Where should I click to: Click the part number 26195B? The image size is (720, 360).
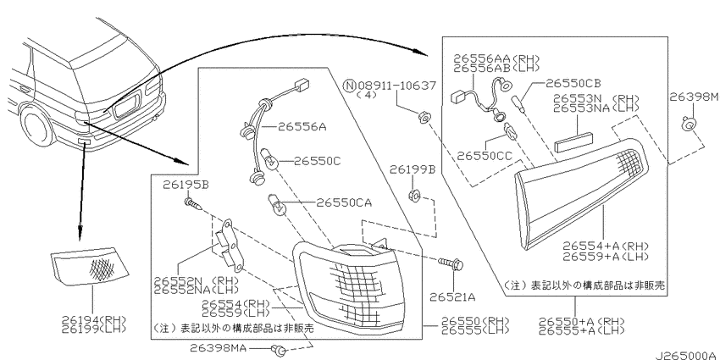tap(186, 185)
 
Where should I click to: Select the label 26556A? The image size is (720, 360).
tap(302, 127)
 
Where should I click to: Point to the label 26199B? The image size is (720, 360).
tap(413, 170)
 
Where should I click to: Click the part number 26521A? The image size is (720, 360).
tap(452, 297)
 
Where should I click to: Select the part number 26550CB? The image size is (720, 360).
tap(573, 84)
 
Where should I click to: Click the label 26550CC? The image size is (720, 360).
tap(485, 157)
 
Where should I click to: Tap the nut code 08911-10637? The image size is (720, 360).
tap(396, 86)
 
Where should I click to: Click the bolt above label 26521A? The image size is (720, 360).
tap(451, 264)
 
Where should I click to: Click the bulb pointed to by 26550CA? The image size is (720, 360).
tap(277, 205)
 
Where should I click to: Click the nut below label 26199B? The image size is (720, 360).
tap(413, 196)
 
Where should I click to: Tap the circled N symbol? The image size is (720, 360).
tap(351, 86)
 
